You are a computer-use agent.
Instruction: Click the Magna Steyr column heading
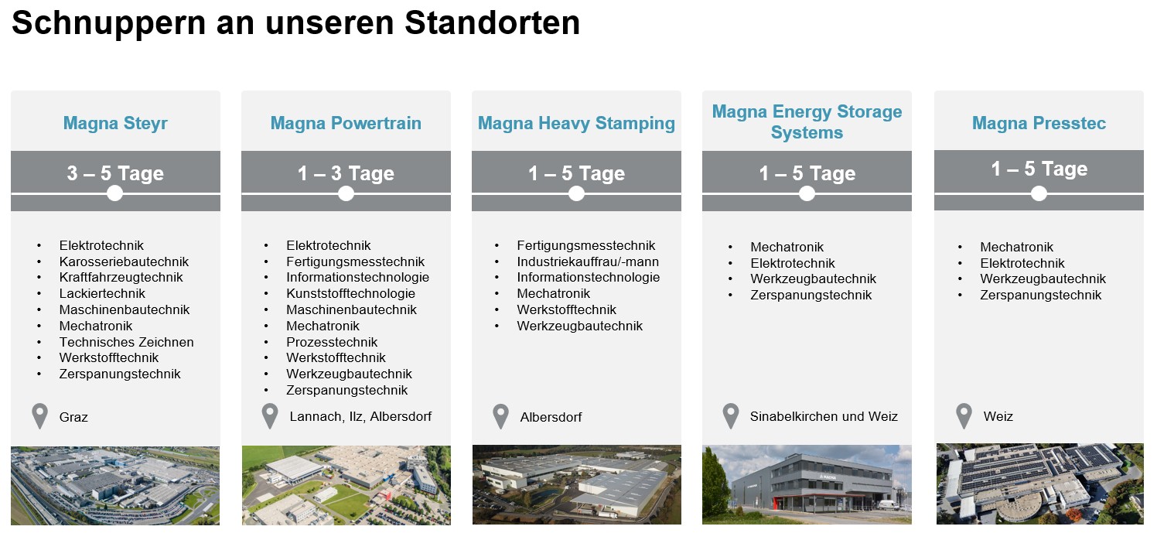tap(115, 123)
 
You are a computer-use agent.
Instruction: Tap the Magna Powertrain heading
tap(346, 123)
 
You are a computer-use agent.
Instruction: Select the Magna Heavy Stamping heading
tap(576, 124)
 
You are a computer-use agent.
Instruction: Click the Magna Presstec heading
tap(1039, 123)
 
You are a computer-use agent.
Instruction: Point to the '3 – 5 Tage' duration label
tap(115, 173)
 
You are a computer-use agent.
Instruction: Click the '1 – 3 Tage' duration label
tap(346, 173)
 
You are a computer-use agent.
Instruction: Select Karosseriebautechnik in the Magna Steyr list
tap(124, 261)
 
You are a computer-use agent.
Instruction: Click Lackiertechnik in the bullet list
tap(102, 293)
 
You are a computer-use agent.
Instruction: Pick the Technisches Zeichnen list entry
tap(127, 342)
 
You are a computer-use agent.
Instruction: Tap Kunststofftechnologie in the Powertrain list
tap(350, 293)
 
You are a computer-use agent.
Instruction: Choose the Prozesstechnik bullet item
tap(332, 342)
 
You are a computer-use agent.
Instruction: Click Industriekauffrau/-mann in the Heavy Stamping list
tap(588, 261)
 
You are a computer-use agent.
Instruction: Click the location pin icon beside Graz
tap(39, 415)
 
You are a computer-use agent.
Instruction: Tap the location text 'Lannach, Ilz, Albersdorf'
tap(360, 416)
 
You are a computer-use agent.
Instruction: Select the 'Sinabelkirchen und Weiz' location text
tap(824, 416)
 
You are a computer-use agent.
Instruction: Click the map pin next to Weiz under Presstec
tap(964, 415)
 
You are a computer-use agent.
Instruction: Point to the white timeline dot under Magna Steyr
tap(114, 193)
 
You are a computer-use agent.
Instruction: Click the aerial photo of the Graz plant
tap(115, 486)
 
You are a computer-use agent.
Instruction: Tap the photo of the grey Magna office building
tap(807, 485)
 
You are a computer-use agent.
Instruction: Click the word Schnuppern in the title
tap(108, 24)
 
